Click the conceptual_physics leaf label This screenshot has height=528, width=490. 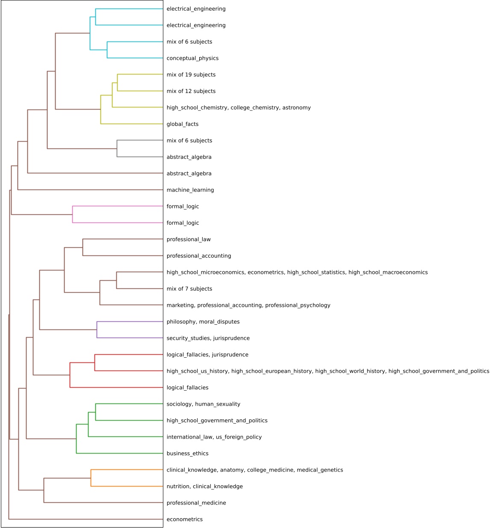point(192,58)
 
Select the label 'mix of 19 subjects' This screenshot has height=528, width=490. point(191,75)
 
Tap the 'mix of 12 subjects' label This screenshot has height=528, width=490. point(191,91)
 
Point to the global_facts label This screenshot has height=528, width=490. point(183,124)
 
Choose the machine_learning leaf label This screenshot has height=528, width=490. point(190,190)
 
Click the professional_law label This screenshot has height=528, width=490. point(189,240)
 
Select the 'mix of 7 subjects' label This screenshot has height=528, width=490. point(189,289)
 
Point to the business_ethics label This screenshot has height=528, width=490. point(188,454)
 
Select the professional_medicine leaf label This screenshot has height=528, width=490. point(196,503)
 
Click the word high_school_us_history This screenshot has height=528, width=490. point(197,371)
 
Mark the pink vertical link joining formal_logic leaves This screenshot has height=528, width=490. point(73,214)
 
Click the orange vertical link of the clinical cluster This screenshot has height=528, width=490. point(91,478)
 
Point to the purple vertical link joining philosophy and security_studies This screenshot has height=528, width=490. point(97,330)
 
